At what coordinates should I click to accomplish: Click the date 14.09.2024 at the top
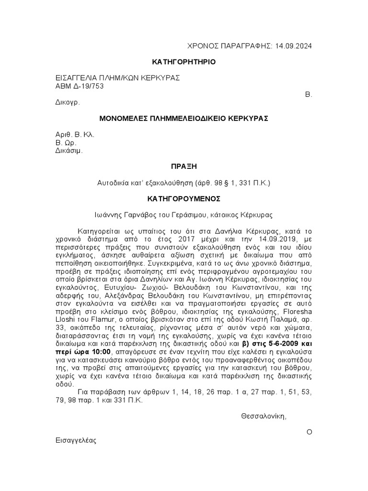294,46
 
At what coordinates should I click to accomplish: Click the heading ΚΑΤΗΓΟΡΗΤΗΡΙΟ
184,62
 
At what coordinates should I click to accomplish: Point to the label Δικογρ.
66,102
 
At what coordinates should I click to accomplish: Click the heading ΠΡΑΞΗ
184,166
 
